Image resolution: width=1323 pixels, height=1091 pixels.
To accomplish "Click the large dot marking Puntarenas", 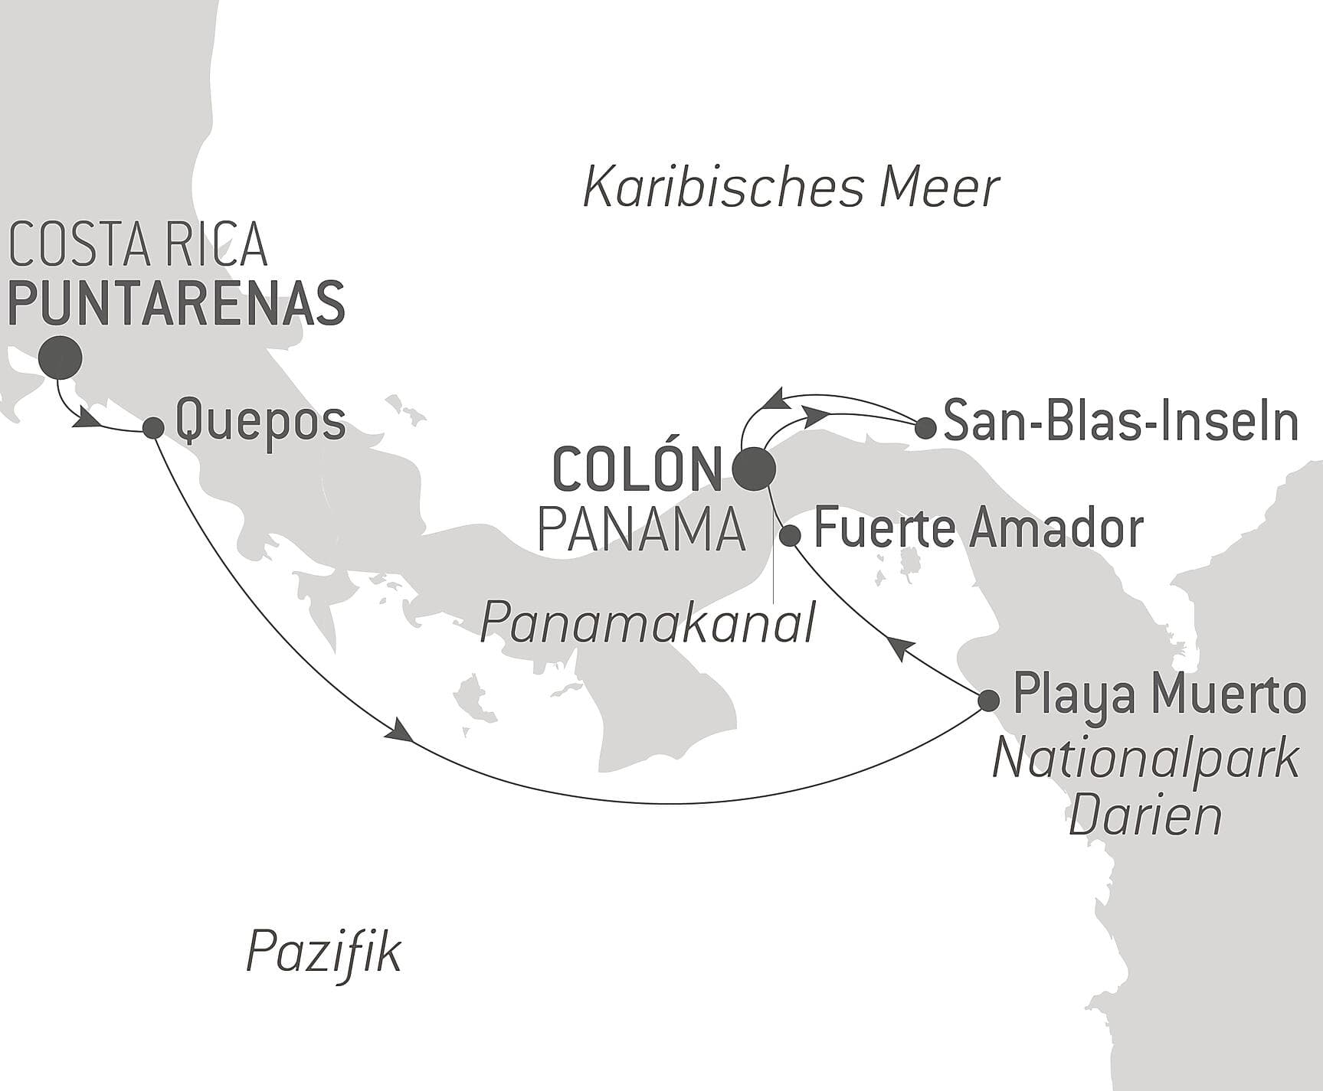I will point(61,358).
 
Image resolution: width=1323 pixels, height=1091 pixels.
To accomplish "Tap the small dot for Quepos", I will point(153,427).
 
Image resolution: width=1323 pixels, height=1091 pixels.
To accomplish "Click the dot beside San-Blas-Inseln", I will point(925,427).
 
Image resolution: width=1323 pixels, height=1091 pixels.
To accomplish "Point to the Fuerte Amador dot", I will point(790,535).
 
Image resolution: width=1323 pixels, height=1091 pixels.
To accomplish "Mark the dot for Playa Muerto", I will point(989,700).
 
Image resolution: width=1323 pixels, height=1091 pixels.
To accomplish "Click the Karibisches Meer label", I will point(791,188).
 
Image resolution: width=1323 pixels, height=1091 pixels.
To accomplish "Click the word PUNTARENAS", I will point(176,304).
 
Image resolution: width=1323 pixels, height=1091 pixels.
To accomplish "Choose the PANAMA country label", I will point(642,530).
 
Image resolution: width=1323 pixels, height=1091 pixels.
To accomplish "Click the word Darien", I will point(1145,816).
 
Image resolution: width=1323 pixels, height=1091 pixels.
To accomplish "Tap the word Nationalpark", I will point(1145,759).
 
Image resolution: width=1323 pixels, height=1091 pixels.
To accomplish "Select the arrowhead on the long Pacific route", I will point(401,730).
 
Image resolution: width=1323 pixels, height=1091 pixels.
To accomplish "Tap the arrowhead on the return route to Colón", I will point(774,398).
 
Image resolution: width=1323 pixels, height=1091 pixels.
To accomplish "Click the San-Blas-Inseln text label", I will point(1120,423).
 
